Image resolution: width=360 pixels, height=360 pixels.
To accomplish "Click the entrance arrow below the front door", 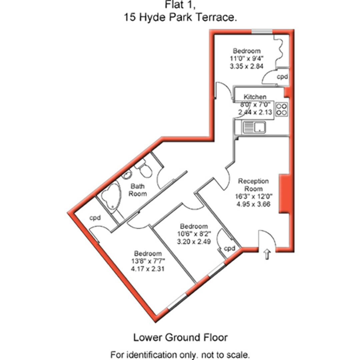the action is [267, 254].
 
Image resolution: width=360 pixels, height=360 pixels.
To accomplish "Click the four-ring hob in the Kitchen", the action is [282, 109].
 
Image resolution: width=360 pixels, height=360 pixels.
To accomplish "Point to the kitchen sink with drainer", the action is [254, 127].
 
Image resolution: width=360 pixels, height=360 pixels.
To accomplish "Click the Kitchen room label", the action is [255, 97].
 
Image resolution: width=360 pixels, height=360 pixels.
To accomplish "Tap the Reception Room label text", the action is [253, 185].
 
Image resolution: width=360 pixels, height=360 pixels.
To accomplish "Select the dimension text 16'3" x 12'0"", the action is [253, 196].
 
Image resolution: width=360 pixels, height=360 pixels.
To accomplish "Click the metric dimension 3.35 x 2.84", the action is [247, 66].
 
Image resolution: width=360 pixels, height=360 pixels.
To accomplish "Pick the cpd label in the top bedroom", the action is [282, 76].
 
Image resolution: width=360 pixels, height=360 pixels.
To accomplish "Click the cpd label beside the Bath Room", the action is [95, 218].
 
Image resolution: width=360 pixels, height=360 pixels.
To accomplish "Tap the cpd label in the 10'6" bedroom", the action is [230, 248].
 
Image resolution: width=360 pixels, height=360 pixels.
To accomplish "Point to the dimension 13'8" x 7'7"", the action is [148, 261].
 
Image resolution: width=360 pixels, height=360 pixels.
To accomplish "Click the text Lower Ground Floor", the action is [180, 337].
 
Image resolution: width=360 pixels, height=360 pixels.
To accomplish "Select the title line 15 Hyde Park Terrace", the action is [180, 17].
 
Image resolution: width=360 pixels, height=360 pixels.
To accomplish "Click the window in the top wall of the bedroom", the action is [262, 32].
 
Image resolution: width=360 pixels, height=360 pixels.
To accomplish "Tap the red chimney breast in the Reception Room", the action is [284, 194].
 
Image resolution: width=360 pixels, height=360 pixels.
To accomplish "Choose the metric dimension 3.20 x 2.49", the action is [194, 242].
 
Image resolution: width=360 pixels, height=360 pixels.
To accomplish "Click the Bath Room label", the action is [138, 190].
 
